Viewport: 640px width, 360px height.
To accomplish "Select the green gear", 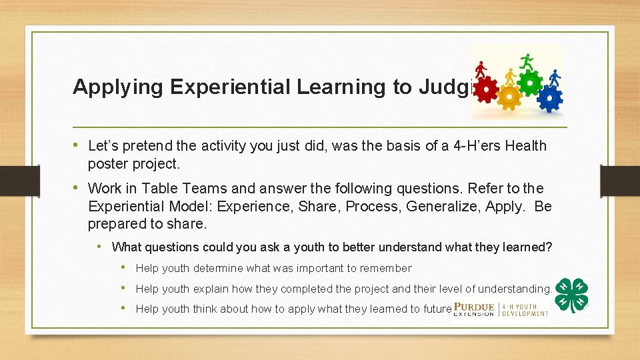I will [x=530, y=83].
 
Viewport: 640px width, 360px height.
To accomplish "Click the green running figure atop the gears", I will [x=527, y=61].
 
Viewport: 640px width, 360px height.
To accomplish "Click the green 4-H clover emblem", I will [x=571, y=295].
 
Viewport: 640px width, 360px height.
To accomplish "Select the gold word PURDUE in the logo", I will [x=474, y=307].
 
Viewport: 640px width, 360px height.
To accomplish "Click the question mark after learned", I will [x=549, y=247].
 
